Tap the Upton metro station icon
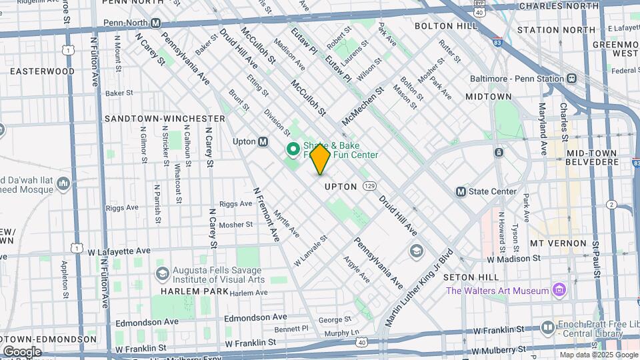tap(263, 141)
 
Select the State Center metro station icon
tap(461, 191)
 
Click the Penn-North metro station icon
tap(156, 23)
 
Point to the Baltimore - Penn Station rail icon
tap(571, 78)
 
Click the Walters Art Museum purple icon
tap(559, 290)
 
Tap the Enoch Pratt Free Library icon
tap(548, 327)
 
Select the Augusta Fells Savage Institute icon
tap(162, 274)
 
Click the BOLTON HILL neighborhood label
tap(446, 26)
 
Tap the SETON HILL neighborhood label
tap(479, 277)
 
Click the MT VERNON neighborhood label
tap(558, 243)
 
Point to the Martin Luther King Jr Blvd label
tap(419, 287)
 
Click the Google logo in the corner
tap(22, 351)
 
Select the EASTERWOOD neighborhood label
tap(42, 71)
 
